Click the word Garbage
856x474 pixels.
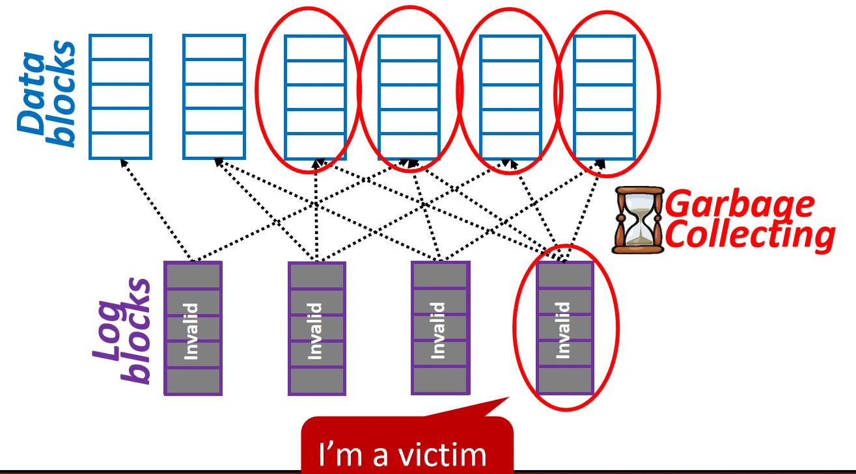pyautogui.click(x=741, y=204)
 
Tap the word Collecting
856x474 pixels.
pyautogui.click(x=750, y=235)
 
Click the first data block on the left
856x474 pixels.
pyautogui.click(x=120, y=96)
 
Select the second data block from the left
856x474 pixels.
pyautogui.click(x=214, y=96)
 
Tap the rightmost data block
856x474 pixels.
pyautogui.click(x=604, y=96)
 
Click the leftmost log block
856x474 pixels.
pyautogui.click(x=193, y=328)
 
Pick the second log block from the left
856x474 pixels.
pyautogui.click(x=316, y=328)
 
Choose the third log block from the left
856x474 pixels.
pyautogui.click(x=439, y=328)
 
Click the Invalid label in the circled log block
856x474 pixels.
pyautogui.click(x=564, y=329)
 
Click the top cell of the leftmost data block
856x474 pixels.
pyautogui.click(x=120, y=47)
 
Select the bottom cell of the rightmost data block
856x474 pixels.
pyautogui.click(x=604, y=146)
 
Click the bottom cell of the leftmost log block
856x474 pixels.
pyautogui.click(x=193, y=380)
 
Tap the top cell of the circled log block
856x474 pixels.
pyautogui.click(x=564, y=276)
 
